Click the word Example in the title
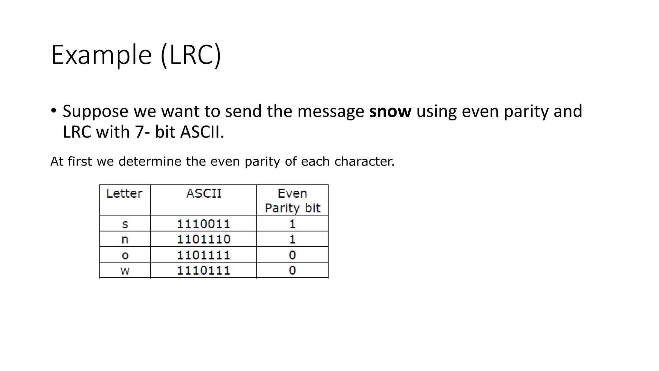pos(101,55)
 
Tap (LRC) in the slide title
pos(191,55)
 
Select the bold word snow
pos(390,111)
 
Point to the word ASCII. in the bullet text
pos(202,132)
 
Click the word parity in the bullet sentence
pos(526,111)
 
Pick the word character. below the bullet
pos(364,161)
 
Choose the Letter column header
pos(124,194)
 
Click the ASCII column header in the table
pos(204,194)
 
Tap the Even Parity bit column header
pos(292,200)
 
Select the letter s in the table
pos(125,224)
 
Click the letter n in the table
pos(125,239)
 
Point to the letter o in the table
pos(125,255)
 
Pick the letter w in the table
pos(125,270)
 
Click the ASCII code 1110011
pos(204,224)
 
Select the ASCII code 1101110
pos(204,239)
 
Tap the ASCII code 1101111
pos(204,255)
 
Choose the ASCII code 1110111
pos(204,270)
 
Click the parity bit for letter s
pos(292,224)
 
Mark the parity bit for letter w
pos(292,270)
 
